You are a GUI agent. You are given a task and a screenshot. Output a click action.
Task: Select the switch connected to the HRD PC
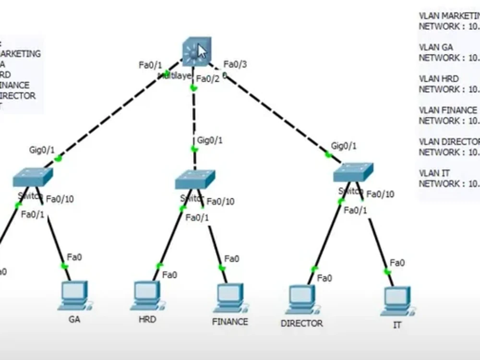click(194, 179)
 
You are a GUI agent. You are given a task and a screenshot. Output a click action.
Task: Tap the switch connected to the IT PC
click(353, 172)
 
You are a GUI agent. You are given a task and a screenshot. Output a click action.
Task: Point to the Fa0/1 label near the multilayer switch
click(151, 65)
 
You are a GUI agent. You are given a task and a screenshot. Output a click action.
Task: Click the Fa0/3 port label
click(235, 64)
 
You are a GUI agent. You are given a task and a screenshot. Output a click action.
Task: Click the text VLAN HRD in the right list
click(439, 79)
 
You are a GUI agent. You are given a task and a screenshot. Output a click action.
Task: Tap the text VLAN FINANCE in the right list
click(448, 110)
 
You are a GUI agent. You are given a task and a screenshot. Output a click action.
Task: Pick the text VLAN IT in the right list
click(434, 173)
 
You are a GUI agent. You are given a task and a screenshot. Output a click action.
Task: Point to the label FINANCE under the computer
click(230, 322)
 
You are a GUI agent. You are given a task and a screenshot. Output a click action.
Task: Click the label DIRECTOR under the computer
click(302, 324)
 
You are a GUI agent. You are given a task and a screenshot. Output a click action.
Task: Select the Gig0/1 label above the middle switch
click(210, 141)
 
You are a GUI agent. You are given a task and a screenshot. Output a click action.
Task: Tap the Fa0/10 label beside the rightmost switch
click(381, 194)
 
